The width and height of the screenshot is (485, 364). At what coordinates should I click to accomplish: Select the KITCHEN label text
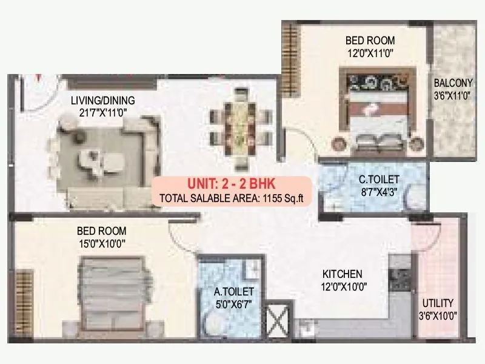[x=342, y=274]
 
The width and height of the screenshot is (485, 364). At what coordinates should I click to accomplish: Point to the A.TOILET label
[x=234, y=292]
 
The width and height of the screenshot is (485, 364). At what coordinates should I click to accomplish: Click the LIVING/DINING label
[x=102, y=100]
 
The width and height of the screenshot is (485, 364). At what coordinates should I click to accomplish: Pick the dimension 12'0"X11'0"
[x=370, y=53]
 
